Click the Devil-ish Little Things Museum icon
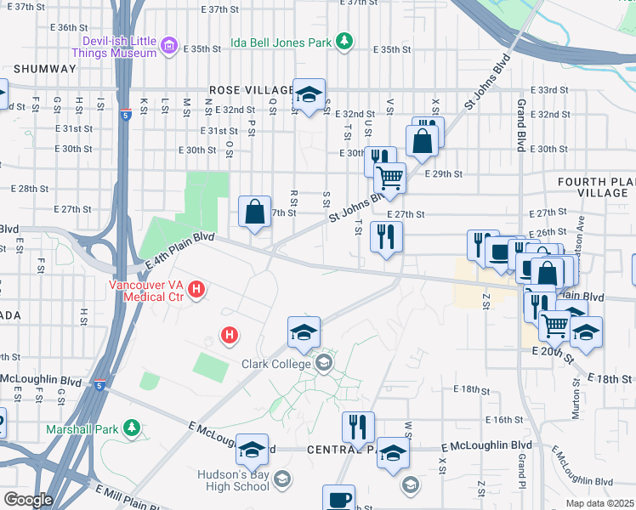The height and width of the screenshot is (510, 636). [x=169, y=45]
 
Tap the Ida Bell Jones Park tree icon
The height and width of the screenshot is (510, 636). [x=344, y=41]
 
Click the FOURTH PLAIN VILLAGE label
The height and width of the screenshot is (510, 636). [x=595, y=188]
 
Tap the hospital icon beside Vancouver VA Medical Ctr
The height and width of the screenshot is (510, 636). [x=197, y=291]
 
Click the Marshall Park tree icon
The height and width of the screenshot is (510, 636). [x=131, y=427]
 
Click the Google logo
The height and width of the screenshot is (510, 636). [x=28, y=500]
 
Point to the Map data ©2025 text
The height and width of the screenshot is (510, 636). [x=600, y=503]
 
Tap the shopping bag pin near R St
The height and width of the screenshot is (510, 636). [x=255, y=212]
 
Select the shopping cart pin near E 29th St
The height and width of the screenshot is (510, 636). [x=389, y=179]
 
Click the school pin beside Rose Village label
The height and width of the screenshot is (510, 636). [x=309, y=93]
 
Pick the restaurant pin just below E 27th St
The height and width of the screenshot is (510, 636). [x=387, y=239]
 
